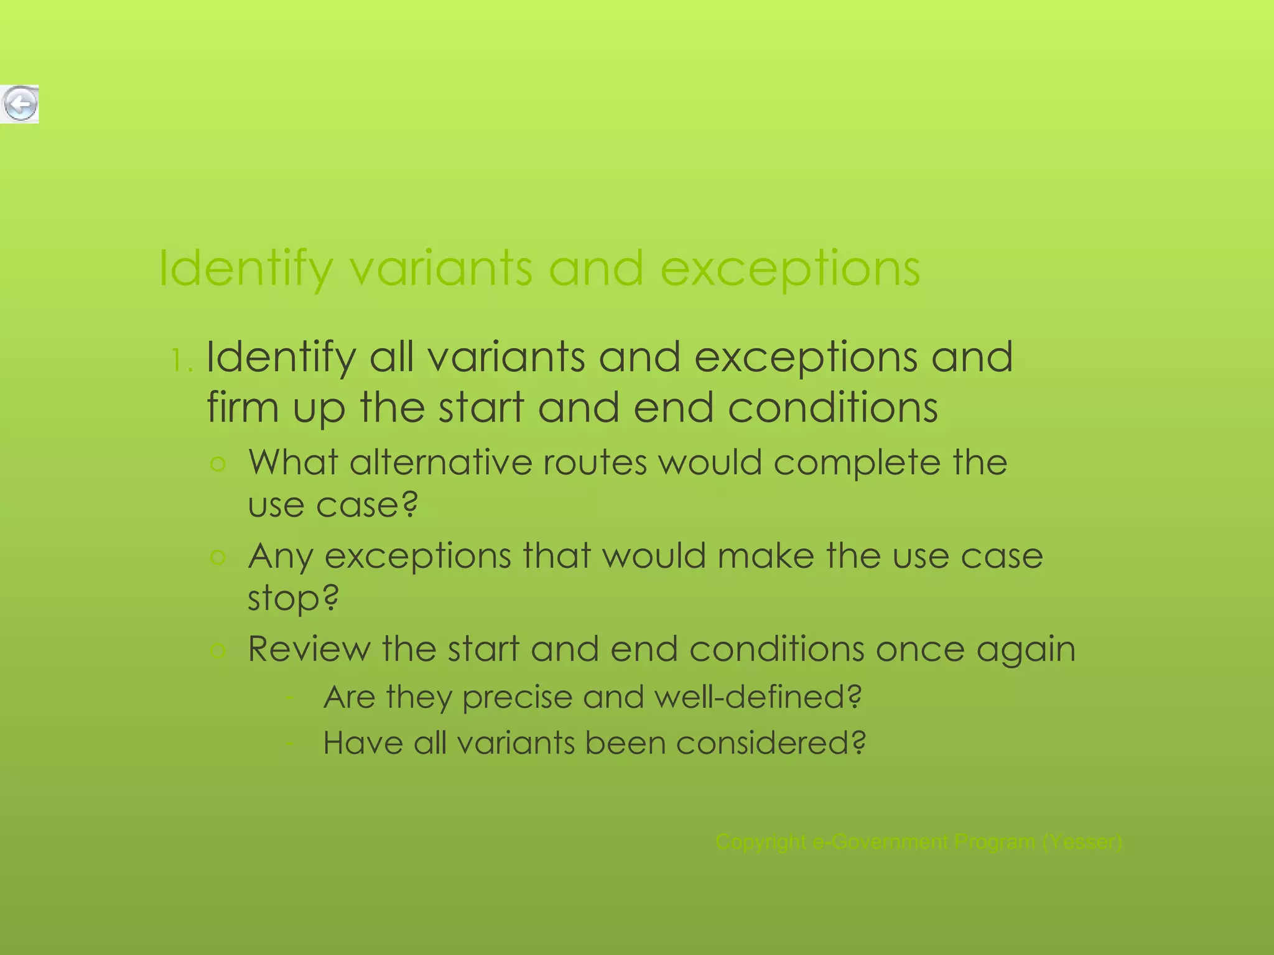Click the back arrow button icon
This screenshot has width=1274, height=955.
coord(20,104)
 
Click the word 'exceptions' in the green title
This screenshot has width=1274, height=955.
coord(789,269)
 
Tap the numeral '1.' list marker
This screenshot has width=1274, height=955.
coord(182,361)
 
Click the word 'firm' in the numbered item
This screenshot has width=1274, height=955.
coord(242,408)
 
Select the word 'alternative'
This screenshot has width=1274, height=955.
coord(440,463)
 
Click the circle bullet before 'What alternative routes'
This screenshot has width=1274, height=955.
coord(218,464)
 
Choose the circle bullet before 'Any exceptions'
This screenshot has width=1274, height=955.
coord(218,557)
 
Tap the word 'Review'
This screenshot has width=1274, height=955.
coord(309,649)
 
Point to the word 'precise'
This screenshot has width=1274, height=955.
coord(516,698)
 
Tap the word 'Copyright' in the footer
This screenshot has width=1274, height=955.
coord(761,842)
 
